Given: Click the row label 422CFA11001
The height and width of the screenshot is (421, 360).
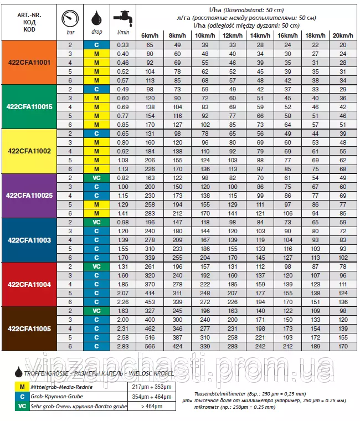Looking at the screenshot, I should [x=29, y=63].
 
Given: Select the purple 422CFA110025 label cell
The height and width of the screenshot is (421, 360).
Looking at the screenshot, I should [x=29, y=196].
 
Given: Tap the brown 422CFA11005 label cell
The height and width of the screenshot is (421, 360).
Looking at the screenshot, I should [x=29, y=328].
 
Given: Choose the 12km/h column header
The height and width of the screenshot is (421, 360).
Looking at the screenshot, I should [x=232, y=35].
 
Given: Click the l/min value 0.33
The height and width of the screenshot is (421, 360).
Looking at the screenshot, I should [x=122, y=44].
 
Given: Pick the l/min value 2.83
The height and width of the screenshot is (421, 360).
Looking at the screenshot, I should [x=122, y=346].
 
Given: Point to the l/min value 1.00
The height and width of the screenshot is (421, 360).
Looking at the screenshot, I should [x=122, y=187].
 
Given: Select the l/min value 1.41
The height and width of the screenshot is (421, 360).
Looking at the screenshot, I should [x=122, y=213].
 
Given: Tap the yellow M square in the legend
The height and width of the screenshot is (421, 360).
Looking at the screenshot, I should [x=22, y=387].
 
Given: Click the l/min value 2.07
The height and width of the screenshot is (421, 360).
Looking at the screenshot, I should [x=122, y=293].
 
